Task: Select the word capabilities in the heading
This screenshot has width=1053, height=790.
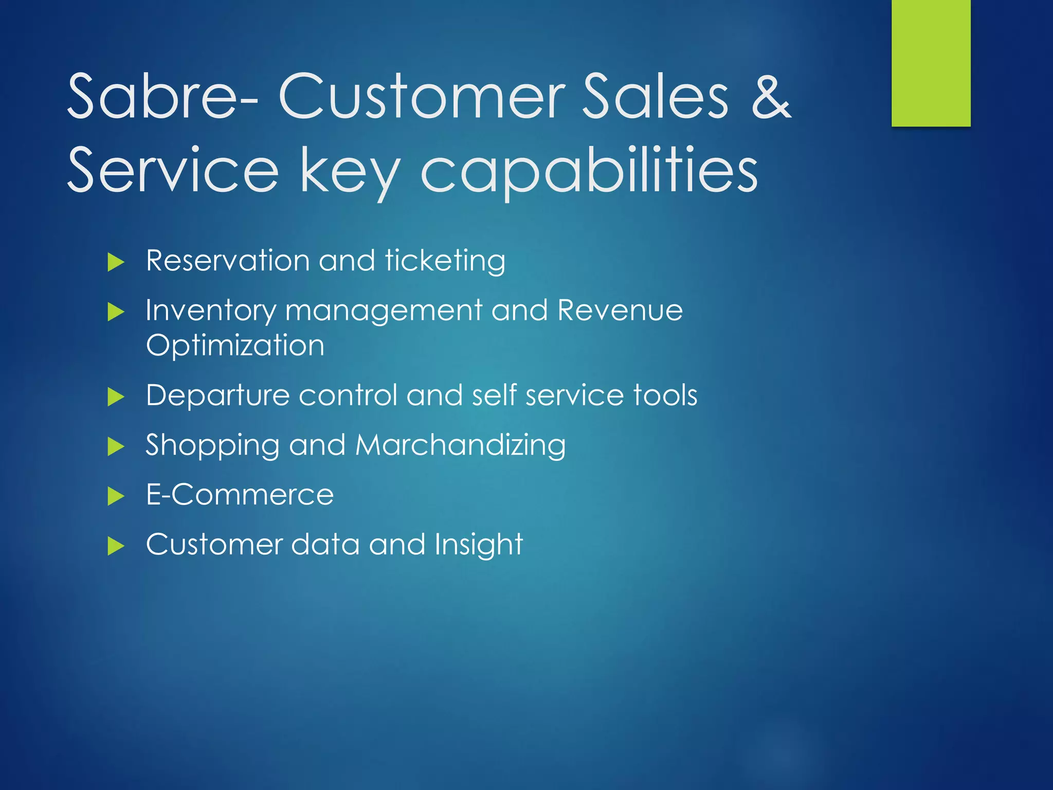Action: click(589, 171)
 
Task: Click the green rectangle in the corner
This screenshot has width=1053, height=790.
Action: click(931, 63)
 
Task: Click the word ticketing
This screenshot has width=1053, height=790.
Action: click(445, 261)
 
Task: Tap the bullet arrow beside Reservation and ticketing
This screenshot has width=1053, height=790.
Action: click(116, 262)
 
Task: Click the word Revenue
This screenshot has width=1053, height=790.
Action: click(620, 310)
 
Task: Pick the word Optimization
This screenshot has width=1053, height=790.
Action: click(235, 345)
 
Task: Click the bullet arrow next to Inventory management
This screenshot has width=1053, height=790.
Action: click(116, 312)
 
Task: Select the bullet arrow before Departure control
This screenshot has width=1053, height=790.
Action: click(116, 397)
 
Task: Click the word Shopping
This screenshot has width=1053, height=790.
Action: click(212, 446)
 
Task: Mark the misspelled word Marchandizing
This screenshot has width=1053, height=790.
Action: click(460, 445)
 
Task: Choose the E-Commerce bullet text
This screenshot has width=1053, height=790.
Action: click(240, 495)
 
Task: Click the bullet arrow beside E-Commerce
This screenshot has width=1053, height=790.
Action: click(116, 496)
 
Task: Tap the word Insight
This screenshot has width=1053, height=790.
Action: click(479, 545)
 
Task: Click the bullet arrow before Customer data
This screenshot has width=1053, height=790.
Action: click(116, 546)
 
